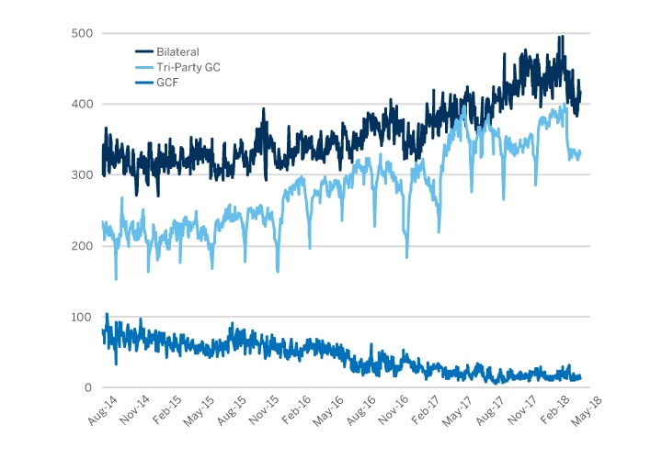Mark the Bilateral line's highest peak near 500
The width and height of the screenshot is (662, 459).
click(x=561, y=37)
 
